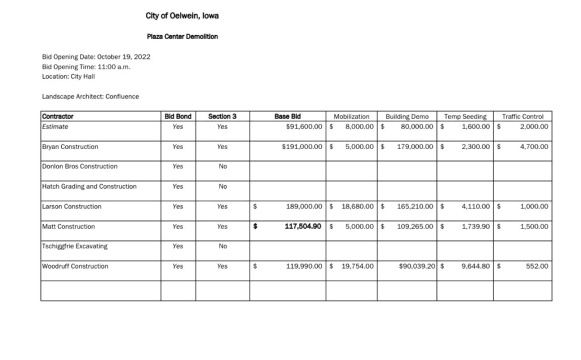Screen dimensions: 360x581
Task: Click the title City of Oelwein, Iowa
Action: tap(182, 16)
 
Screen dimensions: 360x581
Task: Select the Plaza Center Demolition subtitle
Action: tap(182, 36)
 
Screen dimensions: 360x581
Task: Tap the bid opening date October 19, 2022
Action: tap(123, 57)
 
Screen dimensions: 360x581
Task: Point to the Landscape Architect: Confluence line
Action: tap(90, 96)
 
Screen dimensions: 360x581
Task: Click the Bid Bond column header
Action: tap(178, 117)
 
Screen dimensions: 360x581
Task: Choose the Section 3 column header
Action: tap(222, 117)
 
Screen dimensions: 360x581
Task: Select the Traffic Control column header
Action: tap(523, 117)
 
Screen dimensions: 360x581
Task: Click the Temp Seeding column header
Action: tap(465, 117)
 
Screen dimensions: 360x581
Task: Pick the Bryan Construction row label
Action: tap(70, 147)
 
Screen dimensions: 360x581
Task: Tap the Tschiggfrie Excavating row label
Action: tap(74, 247)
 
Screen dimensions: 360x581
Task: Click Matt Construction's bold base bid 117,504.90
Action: tap(303, 227)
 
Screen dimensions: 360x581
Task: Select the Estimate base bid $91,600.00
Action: tap(305, 127)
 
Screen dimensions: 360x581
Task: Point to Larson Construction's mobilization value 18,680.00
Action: tap(357, 207)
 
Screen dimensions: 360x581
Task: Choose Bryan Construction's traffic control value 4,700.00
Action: tap(534, 147)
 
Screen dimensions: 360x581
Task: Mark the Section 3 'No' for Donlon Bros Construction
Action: tap(222, 167)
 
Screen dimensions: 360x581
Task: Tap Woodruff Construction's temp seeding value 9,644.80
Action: tap(475, 266)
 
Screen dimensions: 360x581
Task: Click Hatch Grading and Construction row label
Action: tap(89, 187)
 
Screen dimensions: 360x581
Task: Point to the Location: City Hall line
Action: tap(68, 76)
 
